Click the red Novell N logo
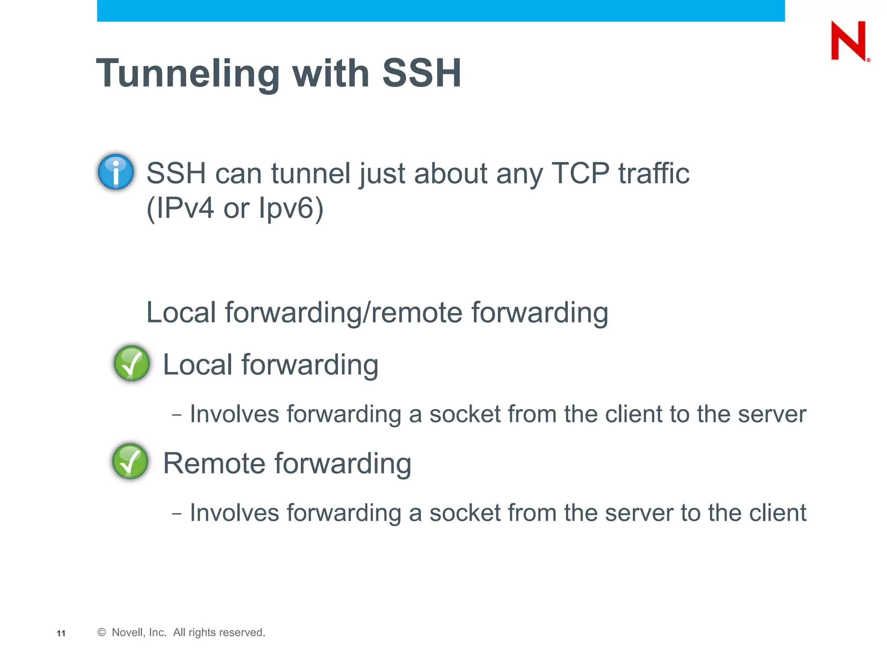point(848,41)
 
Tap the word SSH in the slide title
point(421,74)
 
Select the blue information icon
point(116,172)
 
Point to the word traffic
point(654,173)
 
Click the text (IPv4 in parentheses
point(180,208)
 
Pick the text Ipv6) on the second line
point(291,208)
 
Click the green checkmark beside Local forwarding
point(132,363)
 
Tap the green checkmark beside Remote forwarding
point(130,461)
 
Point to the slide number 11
point(61,633)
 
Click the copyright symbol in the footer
point(102,633)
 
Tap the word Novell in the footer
point(127,633)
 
